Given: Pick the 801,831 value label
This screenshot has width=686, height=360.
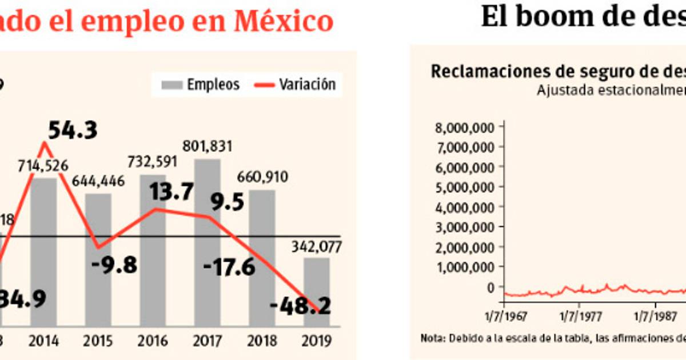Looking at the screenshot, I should point(206,146).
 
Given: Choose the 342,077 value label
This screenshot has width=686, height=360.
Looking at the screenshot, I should point(317,247).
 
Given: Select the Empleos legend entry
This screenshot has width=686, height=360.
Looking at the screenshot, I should point(200,85).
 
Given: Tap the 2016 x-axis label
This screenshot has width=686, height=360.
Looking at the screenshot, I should point(152,341).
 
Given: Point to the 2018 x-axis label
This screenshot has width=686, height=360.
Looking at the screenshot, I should point(262,341).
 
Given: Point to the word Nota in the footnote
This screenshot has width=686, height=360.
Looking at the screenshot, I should point(430,338).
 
